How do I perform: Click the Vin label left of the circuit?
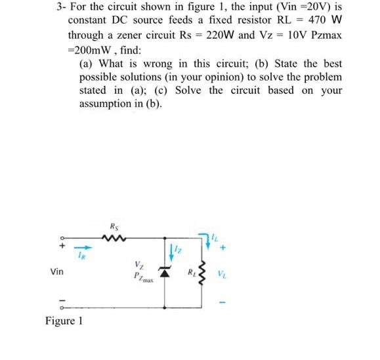tap(57, 270)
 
